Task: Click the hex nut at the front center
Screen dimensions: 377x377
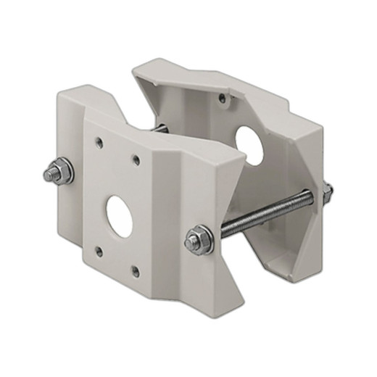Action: pyautogui.click(x=197, y=239)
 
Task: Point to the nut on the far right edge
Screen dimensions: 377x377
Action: pyautogui.click(x=328, y=191)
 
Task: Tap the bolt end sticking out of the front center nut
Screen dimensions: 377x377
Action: pyautogui.click(x=191, y=242)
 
